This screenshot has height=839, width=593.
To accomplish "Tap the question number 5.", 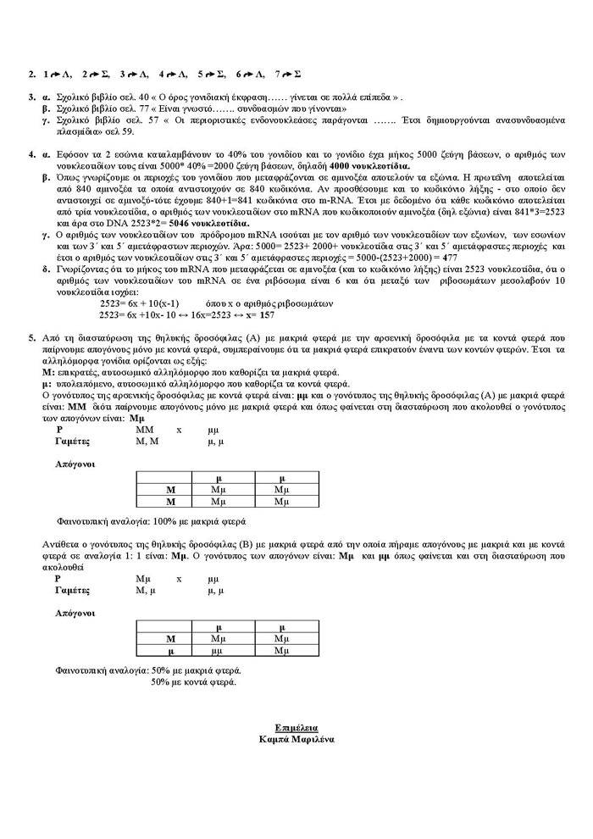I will [x=31, y=337].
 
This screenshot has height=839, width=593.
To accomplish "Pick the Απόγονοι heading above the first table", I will [x=75, y=464].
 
